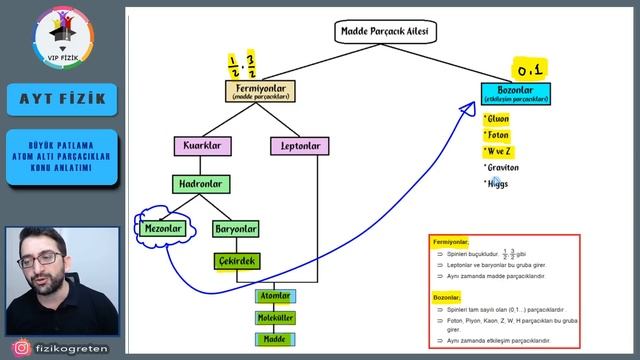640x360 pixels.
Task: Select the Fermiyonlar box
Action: tap(260, 92)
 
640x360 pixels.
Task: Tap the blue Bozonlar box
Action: tap(515, 95)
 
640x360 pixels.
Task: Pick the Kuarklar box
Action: tap(203, 146)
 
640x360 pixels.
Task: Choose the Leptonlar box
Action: tap(299, 146)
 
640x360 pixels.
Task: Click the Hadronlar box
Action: tap(203, 184)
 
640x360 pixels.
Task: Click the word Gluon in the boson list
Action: tap(497, 119)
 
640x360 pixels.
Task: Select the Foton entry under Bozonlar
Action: tap(497, 135)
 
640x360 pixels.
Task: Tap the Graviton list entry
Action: tap(504, 167)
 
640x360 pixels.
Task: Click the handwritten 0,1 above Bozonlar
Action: tap(527, 69)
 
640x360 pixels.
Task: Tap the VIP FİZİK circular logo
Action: tap(63, 37)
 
